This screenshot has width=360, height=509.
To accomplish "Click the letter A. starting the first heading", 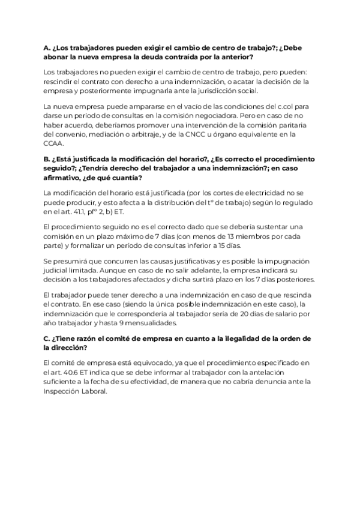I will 47,48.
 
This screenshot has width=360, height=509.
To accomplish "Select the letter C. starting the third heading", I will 47,339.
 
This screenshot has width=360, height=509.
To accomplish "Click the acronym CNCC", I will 186,134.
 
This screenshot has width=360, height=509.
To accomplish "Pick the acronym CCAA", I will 55,144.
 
